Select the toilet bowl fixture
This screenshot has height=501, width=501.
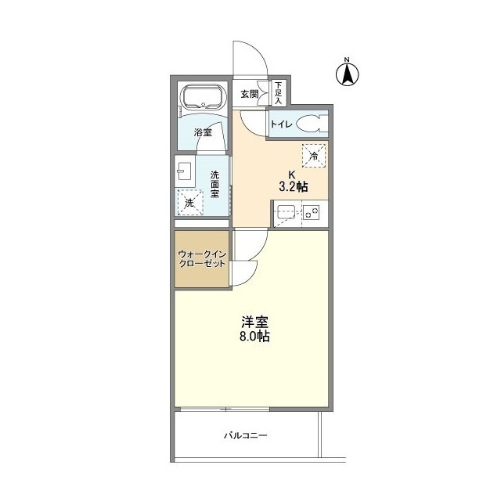coord(310,124)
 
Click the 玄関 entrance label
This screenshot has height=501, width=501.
coord(249,94)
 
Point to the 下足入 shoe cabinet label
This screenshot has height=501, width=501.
coord(278,92)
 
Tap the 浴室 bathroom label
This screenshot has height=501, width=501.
coord(202,132)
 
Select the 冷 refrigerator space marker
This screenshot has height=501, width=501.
coord(314,156)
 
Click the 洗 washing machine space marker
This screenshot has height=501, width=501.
coord(189,203)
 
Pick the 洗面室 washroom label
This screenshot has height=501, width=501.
coord(214,185)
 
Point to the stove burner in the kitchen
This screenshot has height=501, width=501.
coord(312,211)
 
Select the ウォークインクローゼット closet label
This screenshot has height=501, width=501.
coord(202,258)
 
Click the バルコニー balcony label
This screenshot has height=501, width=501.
coord(246,434)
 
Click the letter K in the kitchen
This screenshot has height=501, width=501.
coord(292,174)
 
